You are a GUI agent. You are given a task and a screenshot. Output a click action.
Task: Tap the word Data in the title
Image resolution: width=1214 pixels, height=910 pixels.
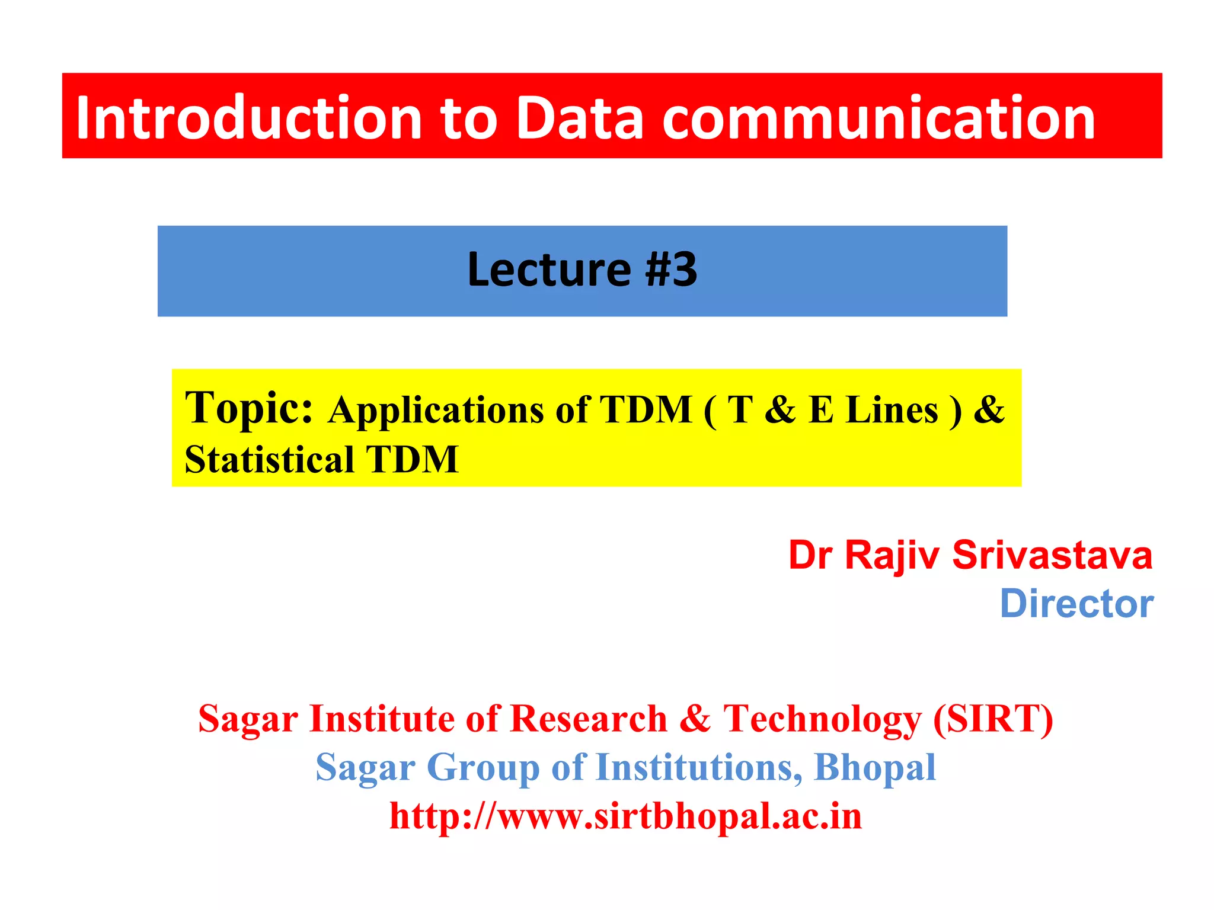pyautogui.click(x=580, y=118)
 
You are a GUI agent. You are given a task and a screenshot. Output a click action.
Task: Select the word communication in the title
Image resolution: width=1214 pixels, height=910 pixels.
pyautogui.click(x=878, y=118)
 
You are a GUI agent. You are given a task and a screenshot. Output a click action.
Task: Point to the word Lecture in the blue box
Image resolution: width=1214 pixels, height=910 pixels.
pyautogui.click(x=548, y=270)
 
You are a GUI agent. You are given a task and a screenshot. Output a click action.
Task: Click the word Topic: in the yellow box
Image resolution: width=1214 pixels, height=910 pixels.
pyautogui.click(x=249, y=409)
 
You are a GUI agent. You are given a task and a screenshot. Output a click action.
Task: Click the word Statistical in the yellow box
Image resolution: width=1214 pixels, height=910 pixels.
pyautogui.click(x=270, y=460)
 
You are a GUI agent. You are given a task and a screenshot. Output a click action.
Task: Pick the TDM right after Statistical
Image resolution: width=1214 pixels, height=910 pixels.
pyautogui.click(x=413, y=460)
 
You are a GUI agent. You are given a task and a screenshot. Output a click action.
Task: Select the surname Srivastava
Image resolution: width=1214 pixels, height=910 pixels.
pyautogui.click(x=1052, y=556)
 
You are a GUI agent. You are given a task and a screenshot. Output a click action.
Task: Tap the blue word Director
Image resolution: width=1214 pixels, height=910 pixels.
pyautogui.click(x=1076, y=604)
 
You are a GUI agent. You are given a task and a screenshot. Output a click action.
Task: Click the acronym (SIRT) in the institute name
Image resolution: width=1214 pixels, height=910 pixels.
pyautogui.click(x=993, y=719)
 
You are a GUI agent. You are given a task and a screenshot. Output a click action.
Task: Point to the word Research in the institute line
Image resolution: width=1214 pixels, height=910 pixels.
pyautogui.click(x=589, y=719)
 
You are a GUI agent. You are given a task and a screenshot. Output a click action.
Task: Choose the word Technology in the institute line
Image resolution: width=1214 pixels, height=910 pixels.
pyautogui.click(x=822, y=719)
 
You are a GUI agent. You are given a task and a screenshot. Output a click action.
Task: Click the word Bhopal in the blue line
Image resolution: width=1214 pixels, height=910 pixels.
pyautogui.click(x=875, y=768)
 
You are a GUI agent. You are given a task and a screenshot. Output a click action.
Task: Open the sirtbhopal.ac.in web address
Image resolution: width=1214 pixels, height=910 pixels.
pyautogui.click(x=625, y=816)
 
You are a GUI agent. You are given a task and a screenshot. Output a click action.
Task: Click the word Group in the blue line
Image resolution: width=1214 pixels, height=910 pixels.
pyautogui.click(x=483, y=768)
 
